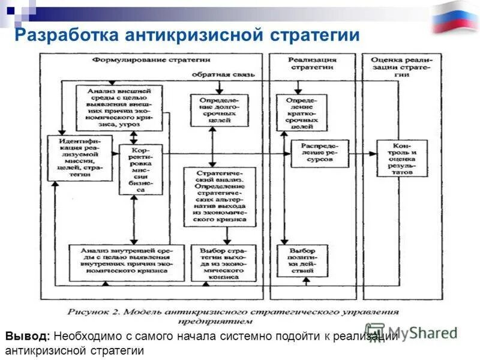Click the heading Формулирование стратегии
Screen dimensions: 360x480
point(151,60)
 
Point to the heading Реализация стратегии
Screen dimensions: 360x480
point(312,64)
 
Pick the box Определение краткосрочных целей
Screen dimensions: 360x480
point(302,112)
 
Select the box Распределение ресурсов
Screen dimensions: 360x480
point(320,154)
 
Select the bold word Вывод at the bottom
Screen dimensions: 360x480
point(29,336)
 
